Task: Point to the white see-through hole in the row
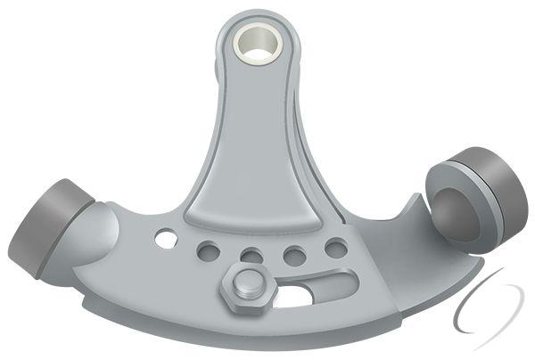pyautogui.click(x=166, y=239)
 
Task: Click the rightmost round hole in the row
pyautogui.click(x=335, y=248)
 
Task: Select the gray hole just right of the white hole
pyautogui.click(x=208, y=250)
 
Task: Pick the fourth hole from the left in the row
pyautogui.click(x=294, y=257)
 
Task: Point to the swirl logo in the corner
pyautogui.click(x=489, y=307)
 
